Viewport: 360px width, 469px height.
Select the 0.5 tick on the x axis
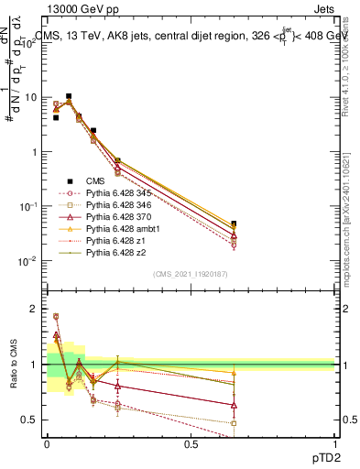191,443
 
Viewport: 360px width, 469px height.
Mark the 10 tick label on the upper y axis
31,97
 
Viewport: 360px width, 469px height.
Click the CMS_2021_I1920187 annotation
191,274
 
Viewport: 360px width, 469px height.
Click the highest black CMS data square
69,96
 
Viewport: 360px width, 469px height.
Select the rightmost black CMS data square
234,224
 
